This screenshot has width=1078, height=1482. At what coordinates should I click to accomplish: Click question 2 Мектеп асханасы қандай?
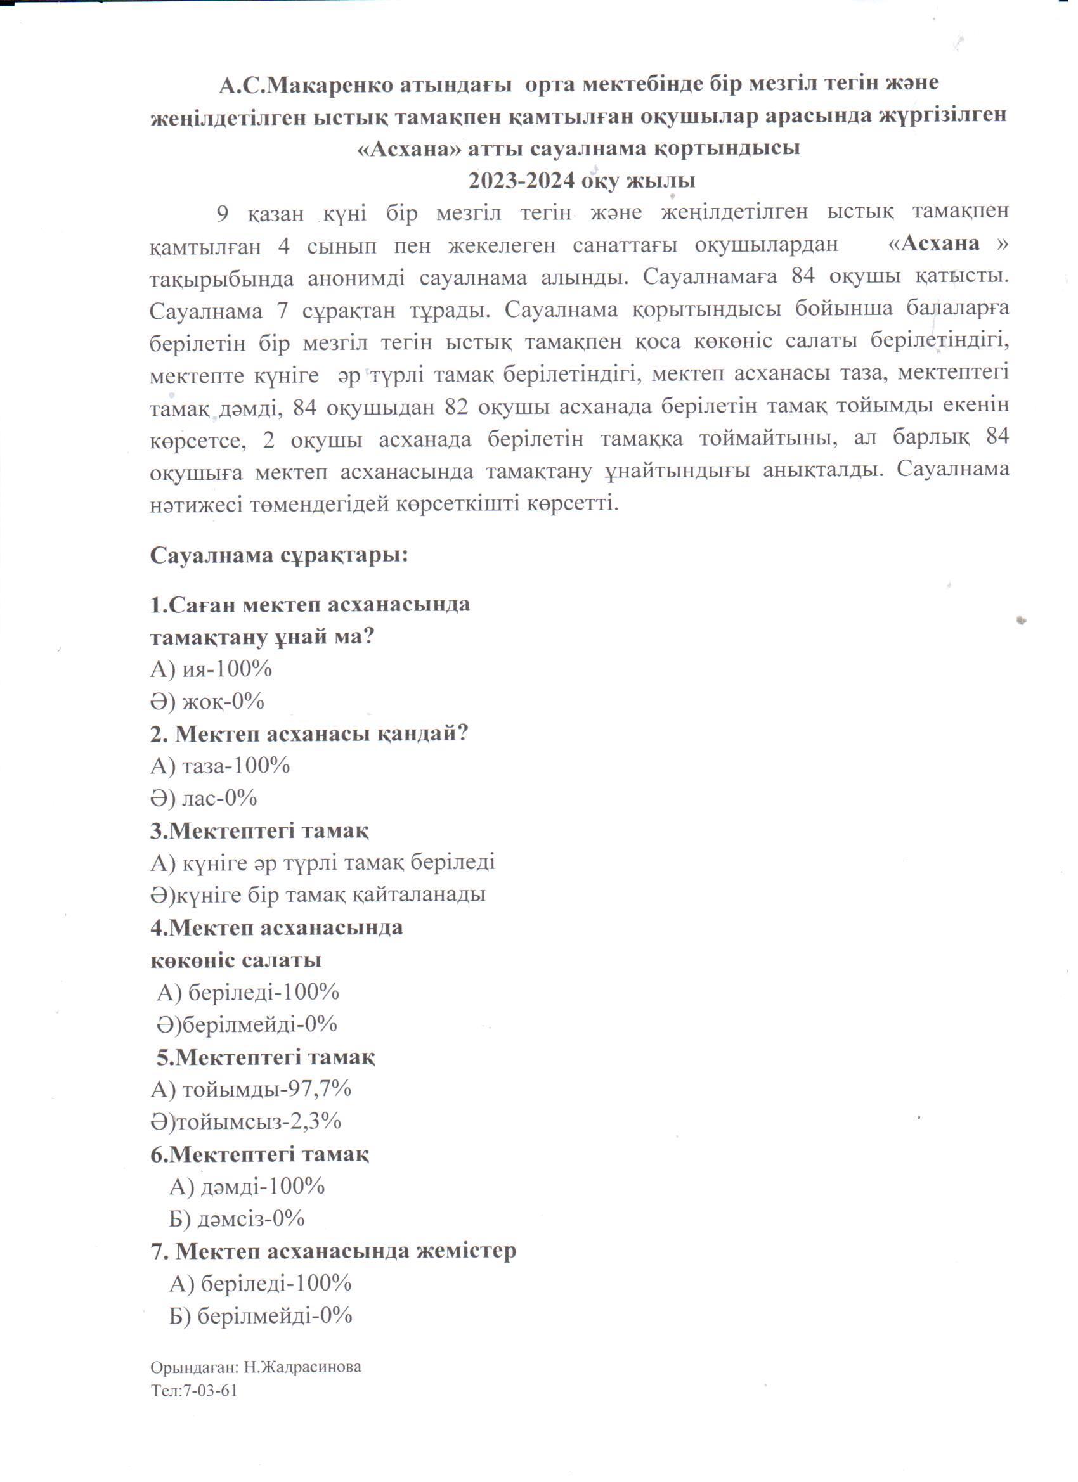[x=310, y=733]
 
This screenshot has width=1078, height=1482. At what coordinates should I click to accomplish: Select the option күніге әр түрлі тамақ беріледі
[x=338, y=863]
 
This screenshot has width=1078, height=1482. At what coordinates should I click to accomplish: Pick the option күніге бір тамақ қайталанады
[x=333, y=894]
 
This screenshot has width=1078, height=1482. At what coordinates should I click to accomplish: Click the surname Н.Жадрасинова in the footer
[x=302, y=1367]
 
